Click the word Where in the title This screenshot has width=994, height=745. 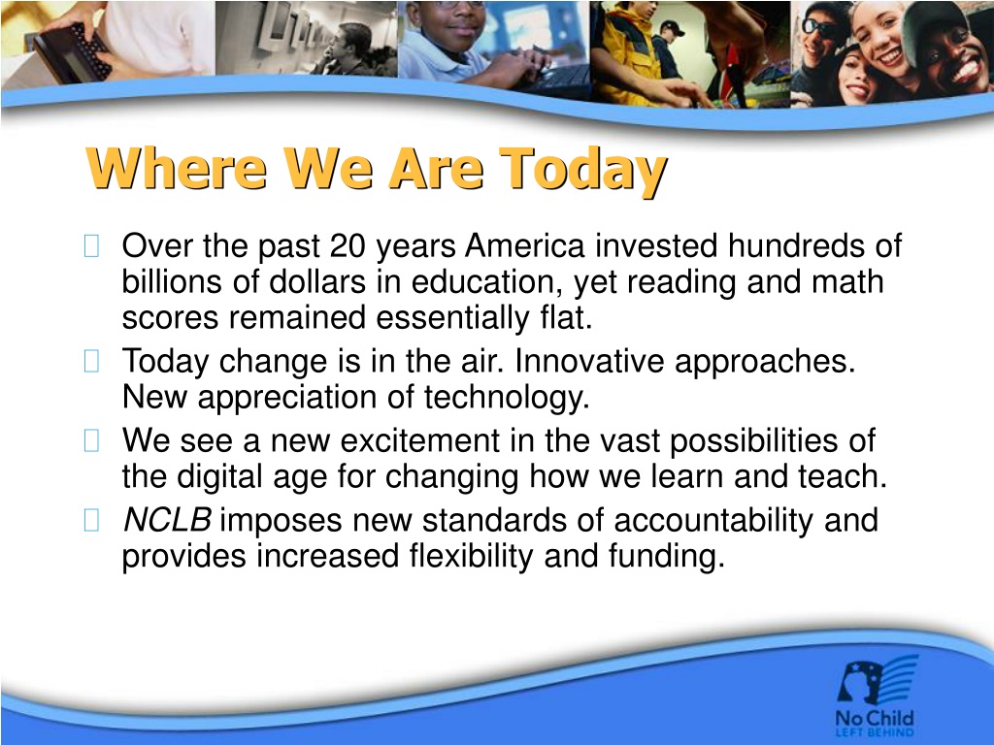point(177,168)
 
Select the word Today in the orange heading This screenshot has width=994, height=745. point(583,171)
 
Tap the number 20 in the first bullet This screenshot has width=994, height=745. point(348,245)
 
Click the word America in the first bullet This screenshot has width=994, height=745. point(524,245)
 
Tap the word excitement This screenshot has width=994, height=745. point(420,441)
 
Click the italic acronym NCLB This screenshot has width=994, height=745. point(167,521)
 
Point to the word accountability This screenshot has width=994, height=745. point(713,522)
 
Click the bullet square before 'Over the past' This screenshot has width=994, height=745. point(91,246)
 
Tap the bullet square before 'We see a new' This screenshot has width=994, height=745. point(91,441)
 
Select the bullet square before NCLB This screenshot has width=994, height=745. point(91,521)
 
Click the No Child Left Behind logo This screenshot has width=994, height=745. point(877,696)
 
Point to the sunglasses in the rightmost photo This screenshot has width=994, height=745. point(818,27)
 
